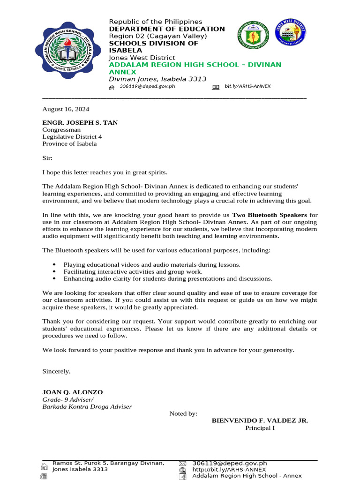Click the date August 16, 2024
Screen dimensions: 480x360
66,109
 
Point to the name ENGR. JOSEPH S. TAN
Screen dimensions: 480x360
80,123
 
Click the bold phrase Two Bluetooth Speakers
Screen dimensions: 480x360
270,215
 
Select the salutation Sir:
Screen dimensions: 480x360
47,158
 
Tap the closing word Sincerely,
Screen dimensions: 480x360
56,371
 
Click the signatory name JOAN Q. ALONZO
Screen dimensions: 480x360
73,392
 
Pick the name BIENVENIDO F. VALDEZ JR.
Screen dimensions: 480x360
260,420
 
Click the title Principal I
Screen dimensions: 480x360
260,428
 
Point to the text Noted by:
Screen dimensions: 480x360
183,413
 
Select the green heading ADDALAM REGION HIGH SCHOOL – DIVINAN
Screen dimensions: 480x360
195,65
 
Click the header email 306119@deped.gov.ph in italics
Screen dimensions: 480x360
147,87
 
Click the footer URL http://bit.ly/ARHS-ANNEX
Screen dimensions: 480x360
229,469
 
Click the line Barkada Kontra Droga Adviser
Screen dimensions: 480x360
87,406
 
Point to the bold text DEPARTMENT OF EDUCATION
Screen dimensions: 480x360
167,29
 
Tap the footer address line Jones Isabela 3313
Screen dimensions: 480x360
80,469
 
